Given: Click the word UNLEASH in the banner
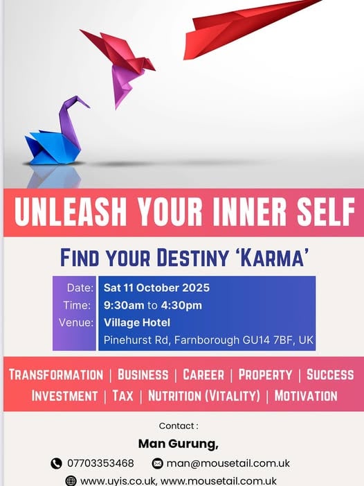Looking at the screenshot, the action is pos(71,211).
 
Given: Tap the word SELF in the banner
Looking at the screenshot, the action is pos(326,211).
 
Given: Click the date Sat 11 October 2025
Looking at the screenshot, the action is pos(156,288).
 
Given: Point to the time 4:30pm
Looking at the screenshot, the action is pos(181,305).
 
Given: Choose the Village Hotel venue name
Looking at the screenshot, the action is pos(137,322).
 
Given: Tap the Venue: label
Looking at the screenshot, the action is pos(76,322).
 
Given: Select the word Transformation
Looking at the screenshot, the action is pos(56,374).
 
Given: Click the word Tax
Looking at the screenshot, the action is pos(122,396).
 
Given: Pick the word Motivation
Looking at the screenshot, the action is pos(306,396).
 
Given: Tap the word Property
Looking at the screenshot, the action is pos(265,374).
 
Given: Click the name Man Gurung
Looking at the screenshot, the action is pos(178,444).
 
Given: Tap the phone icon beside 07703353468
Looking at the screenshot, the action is pos(56,463).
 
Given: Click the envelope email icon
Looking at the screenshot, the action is pos(157,463).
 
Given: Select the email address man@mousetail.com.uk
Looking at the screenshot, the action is pos(228,463).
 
